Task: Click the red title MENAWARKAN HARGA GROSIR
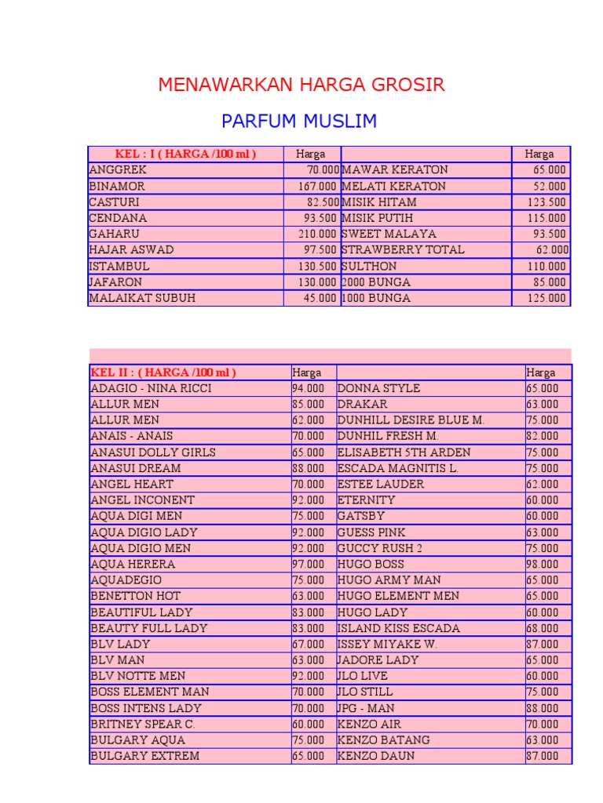(x=301, y=85)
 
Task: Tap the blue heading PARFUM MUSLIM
(x=299, y=122)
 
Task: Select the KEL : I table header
(x=185, y=154)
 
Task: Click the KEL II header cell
(x=163, y=372)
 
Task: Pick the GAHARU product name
(x=112, y=234)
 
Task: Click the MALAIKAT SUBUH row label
(x=142, y=298)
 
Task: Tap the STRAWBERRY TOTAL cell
(x=403, y=249)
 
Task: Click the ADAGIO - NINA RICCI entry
(x=151, y=388)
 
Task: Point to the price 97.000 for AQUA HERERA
(x=308, y=564)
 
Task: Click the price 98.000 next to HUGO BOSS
(x=543, y=564)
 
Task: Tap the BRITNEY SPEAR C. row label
(x=143, y=724)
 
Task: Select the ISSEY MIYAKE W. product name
(x=387, y=644)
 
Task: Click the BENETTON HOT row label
(x=136, y=596)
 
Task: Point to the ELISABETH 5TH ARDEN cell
(x=404, y=452)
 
